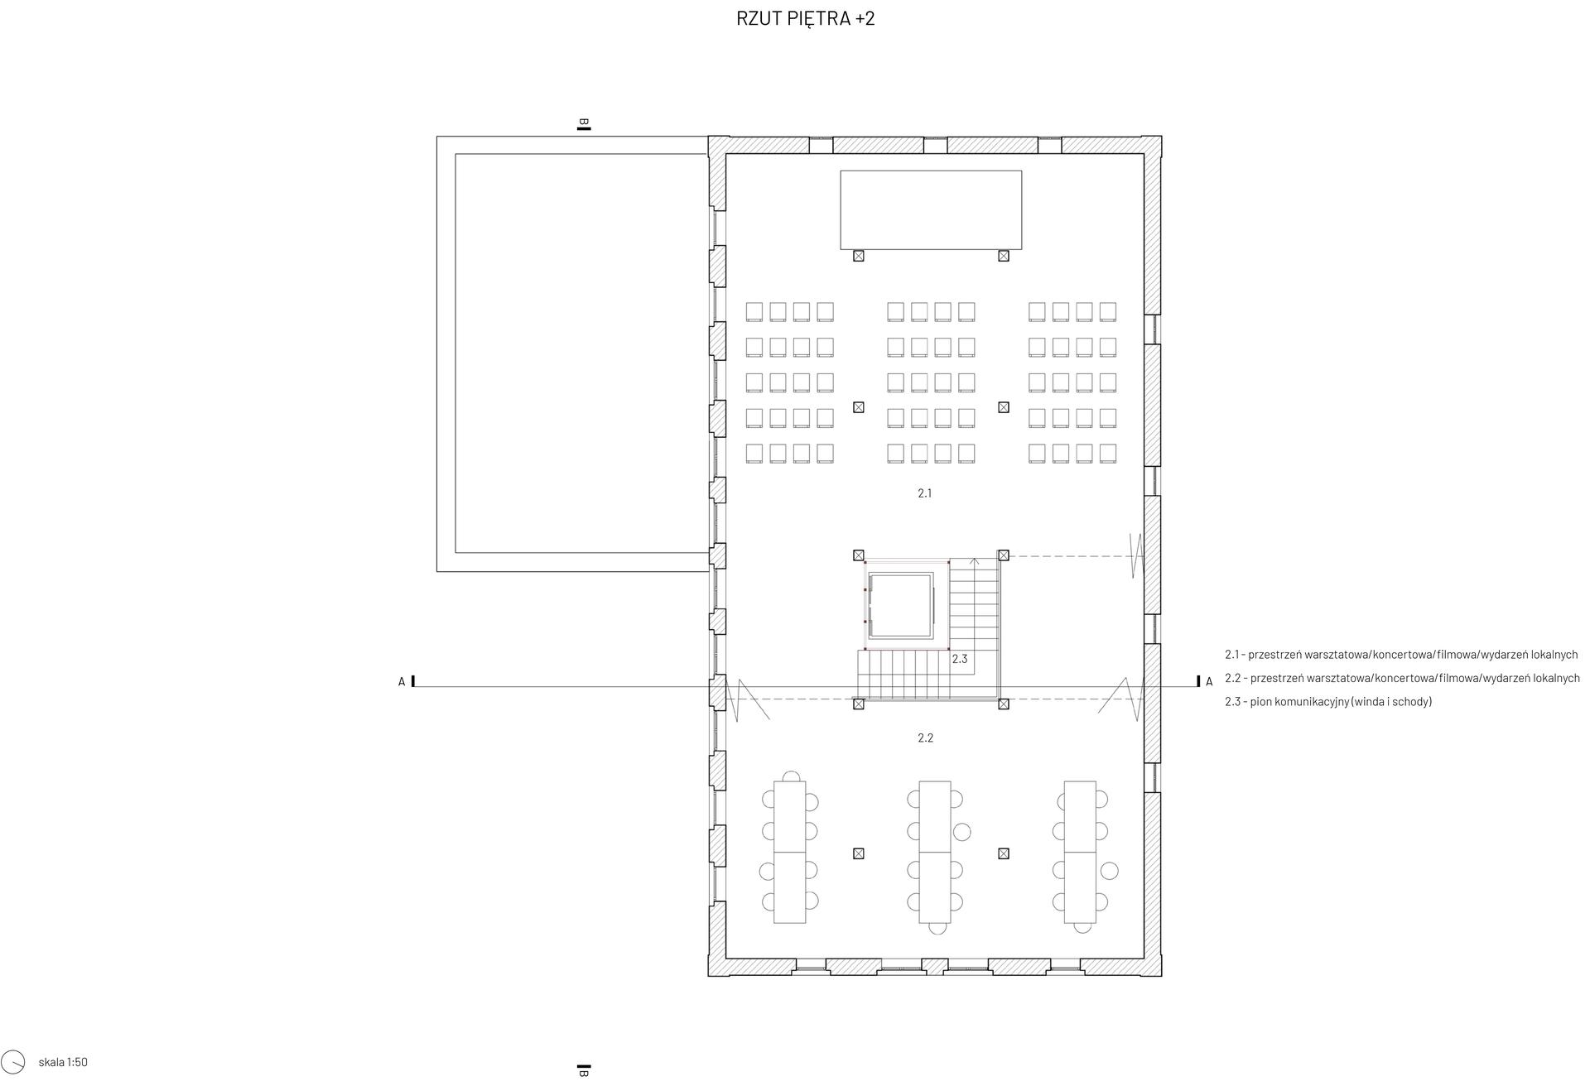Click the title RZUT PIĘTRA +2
tap(805, 18)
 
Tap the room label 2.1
tap(925, 493)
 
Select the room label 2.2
tap(926, 738)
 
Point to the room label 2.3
tap(960, 660)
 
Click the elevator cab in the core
tap(900, 605)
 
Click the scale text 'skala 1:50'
tap(63, 1062)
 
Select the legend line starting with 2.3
tap(1328, 702)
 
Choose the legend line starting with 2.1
tap(1401, 655)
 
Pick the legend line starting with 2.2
tap(1402, 678)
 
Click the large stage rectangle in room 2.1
tap(931, 210)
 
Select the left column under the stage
tap(859, 256)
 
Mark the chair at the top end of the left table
tap(793, 776)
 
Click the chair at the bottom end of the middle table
tap(937, 929)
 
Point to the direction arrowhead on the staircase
tap(975, 561)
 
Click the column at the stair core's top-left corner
tap(859, 555)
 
